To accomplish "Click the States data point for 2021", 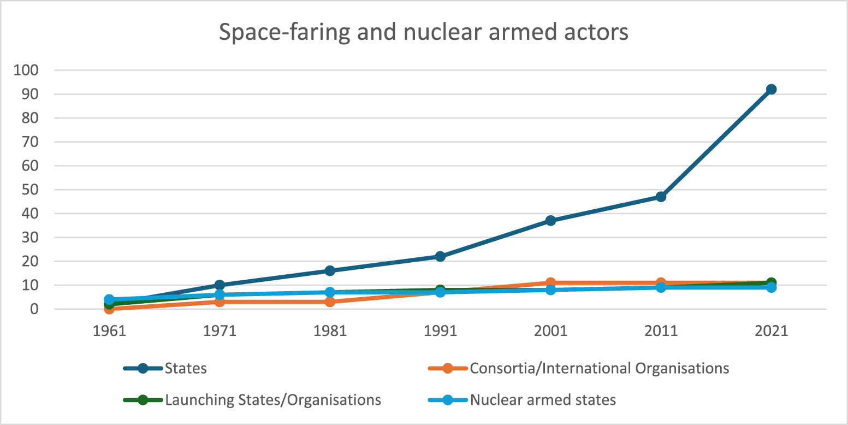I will point(771,89).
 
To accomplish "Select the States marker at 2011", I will point(661,197).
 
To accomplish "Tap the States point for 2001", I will point(550,221).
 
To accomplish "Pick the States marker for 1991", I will point(440,256).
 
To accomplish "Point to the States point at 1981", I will point(330,270).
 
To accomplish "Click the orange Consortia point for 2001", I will point(550,282).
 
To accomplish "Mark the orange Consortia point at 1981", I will point(330,302).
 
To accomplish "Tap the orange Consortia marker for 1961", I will point(109,309).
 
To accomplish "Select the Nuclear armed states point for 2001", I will point(550,290).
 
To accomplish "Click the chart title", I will point(423,32).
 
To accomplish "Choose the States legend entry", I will point(186,368).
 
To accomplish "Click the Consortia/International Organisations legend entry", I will point(599,368).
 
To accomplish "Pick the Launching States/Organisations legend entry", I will point(272,400).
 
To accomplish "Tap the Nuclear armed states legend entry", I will point(542,400).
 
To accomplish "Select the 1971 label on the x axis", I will point(220,332).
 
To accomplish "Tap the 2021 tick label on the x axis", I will point(771,332).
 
